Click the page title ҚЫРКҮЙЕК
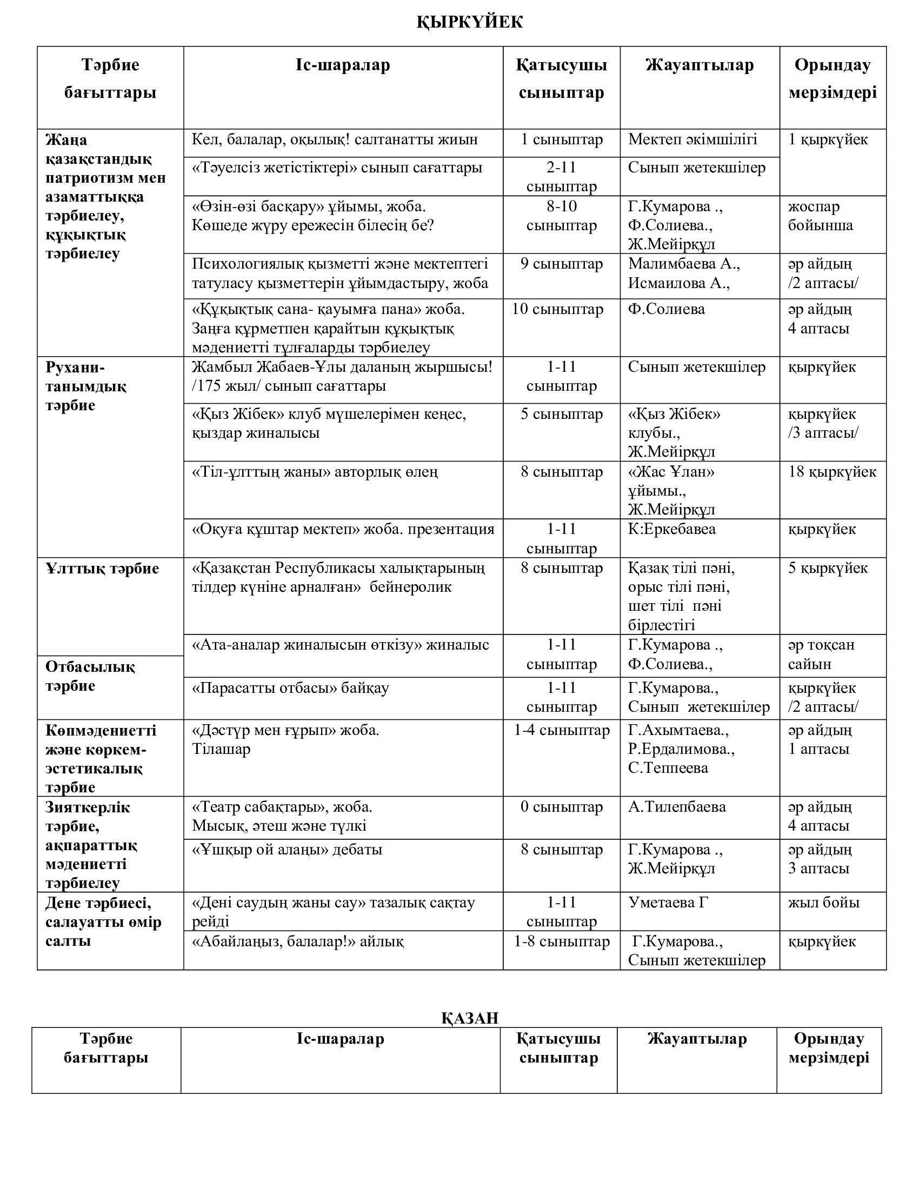tap(469, 22)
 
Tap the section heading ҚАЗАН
tap(469, 1018)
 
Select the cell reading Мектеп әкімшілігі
tap(692, 139)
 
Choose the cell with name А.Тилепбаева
tap(677, 807)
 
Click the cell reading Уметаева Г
tap(668, 903)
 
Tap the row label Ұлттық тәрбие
tap(102, 569)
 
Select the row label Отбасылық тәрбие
tap(90, 676)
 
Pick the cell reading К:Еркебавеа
tap(672, 529)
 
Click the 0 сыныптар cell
tap(561, 807)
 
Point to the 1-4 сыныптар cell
tap(561, 731)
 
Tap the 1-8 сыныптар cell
tap(561, 942)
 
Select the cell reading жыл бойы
tap(824, 903)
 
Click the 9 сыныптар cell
tap(561, 264)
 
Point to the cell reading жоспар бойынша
tap(821, 216)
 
